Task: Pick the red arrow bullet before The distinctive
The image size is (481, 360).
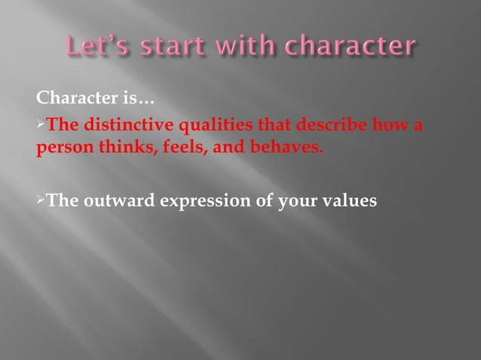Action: tap(41, 124)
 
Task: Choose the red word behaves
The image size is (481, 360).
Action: tap(288, 146)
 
